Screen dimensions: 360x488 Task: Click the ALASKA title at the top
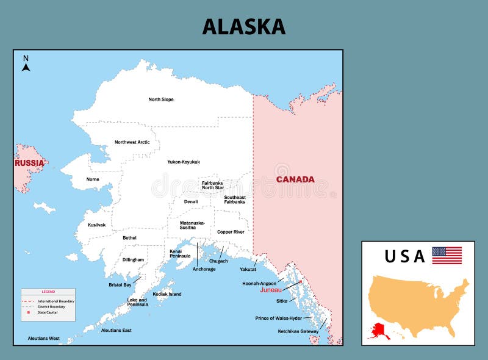click(243, 26)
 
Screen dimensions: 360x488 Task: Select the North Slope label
click(161, 99)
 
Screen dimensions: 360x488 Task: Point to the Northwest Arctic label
click(132, 142)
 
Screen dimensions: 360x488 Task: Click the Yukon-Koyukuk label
click(184, 162)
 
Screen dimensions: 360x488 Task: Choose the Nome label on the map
click(93, 179)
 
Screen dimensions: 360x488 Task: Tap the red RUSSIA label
click(29, 163)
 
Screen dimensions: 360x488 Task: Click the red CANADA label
click(295, 179)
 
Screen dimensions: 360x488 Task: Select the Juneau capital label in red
click(271, 290)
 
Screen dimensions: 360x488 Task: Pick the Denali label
click(191, 201)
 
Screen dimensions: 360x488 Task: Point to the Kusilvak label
click(96, 225)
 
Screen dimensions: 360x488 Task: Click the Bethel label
click(129, 237)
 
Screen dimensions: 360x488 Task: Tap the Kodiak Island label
click(167, 294)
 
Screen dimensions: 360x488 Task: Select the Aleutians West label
click(44, 338)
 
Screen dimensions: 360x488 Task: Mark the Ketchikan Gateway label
click(298, 331)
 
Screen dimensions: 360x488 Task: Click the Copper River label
click(231, 232)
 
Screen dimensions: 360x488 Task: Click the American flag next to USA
click(447, 255)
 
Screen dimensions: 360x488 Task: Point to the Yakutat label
click(248, 269)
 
